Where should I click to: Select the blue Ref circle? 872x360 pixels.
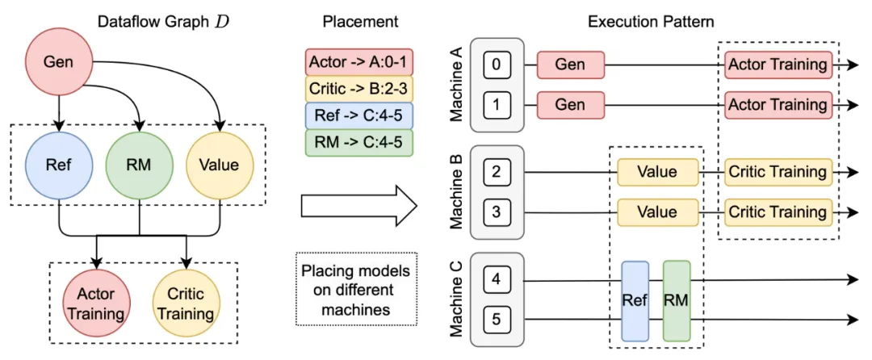(59, 165)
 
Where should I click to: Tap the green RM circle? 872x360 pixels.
(139, 165)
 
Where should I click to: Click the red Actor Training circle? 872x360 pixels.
(97, 304)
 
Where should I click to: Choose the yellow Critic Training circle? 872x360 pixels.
(185, 304)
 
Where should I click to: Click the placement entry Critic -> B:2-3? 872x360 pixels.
(359, 90)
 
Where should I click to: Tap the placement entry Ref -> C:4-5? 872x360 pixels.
(359, 116)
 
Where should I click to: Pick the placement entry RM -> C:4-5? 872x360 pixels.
(359, 143)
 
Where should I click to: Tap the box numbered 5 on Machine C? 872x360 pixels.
(497, 320)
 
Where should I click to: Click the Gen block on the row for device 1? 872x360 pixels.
(571, 105)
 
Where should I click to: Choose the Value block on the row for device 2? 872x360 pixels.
(657, 172)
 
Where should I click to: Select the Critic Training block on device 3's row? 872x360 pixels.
(778, 212)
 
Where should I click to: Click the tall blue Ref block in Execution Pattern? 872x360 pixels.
(635, 300)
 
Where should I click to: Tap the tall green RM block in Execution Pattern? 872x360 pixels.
(677, 300)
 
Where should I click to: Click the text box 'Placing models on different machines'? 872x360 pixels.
(355, 289)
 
